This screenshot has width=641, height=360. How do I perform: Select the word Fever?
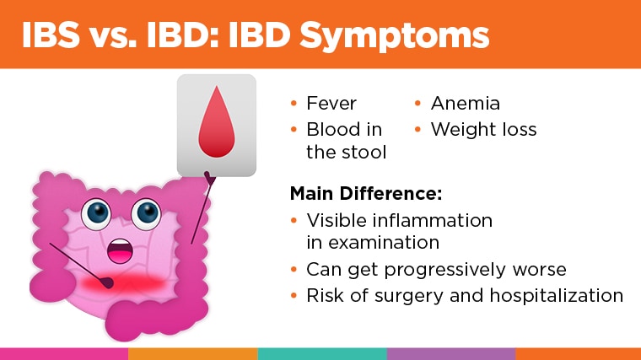tap(331, 104)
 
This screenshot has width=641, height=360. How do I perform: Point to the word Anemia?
tap(466, 104)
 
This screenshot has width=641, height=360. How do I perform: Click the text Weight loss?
tap(483, 130)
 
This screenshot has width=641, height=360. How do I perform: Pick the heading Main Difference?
tap(365, 193)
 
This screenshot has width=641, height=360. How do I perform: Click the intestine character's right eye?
tap(146, 213)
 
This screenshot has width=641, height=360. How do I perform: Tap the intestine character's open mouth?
tap(121, 250)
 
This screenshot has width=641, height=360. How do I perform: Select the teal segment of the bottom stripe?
tap(321, 353)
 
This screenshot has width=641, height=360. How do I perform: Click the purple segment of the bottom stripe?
tap(450, 353)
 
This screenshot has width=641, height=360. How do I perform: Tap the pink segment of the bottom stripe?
tap(64, 353)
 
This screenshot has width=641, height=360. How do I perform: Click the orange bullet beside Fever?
tap(294, 105)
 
